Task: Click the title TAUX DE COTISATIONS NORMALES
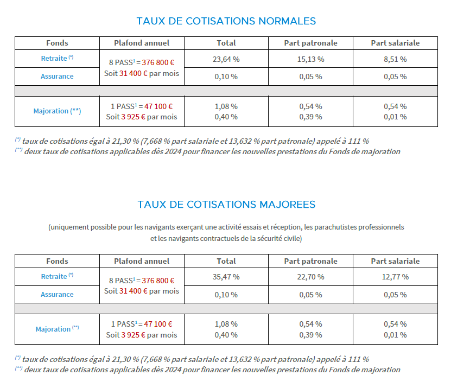click(226, 21)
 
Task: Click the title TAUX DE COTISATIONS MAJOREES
click(226, 205)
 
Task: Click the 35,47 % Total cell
click(226, 277)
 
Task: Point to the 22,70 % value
click(310, 277)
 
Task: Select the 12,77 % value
click(395, 277)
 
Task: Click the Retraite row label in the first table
click(54, 58)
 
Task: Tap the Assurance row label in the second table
click(57, 294)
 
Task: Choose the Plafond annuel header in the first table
click(142, 43)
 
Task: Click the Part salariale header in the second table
click(395, 261)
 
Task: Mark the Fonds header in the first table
click(57, 43)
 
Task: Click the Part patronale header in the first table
click(310, 43)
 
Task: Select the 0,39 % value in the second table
click(310, 335)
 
